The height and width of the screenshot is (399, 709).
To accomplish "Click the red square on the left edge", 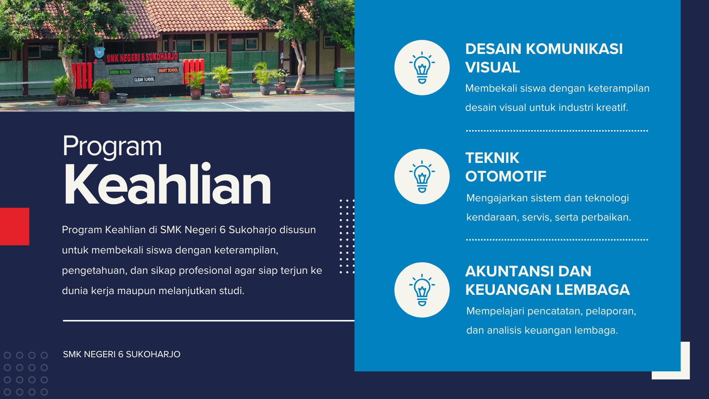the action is click(14, 226).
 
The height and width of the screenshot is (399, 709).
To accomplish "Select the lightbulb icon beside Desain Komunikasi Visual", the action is click(422, 68).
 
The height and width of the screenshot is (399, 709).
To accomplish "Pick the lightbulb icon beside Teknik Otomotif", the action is click(422, 177).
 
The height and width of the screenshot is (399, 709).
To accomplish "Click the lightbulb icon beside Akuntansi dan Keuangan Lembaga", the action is click(422, 290).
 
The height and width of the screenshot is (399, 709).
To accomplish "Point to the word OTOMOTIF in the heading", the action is click(506, 176).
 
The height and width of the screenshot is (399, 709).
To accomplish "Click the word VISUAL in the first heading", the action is click(493, 67).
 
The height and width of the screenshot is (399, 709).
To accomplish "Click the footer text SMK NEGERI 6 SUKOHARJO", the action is click(121, 354).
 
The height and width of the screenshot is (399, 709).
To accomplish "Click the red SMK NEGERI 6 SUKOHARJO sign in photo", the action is click(142, 57).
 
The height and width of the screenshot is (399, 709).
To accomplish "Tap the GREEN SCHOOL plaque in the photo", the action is click(120, 72).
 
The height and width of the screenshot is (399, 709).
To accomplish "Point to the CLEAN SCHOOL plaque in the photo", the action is click(144, 79).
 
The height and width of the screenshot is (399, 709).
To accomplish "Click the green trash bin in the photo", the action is click(340, 78).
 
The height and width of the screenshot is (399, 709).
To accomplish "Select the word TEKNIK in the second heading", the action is click(492, 158).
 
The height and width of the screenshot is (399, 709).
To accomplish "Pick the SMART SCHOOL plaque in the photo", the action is click(168, 70).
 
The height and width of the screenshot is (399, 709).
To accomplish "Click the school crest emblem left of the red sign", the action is click(99, 52).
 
